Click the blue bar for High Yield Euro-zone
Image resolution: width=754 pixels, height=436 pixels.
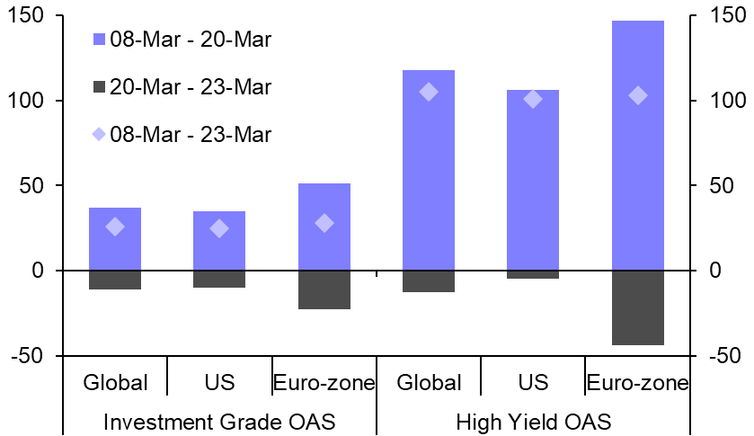[x=637, y=145]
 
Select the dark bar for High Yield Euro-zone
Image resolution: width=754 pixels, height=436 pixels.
[x=637, y=307]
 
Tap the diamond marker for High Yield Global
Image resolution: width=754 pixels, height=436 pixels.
[x=429, y=92]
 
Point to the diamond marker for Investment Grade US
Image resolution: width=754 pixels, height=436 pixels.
[x=219, y=228]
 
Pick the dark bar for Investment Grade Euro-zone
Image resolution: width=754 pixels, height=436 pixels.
[x=324, y=289]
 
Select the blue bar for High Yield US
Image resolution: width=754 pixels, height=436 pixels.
[x=533, y=180]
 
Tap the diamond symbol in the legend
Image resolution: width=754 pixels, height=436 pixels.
[x=99, y=135]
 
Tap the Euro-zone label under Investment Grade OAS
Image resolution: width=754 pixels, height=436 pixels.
[x=324, y=383]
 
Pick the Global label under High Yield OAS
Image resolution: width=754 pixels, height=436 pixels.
[x=429, y=383]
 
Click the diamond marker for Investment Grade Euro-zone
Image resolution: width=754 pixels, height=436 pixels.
[x=324, y=223]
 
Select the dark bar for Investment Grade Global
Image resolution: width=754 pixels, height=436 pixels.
[x=115, y=280]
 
